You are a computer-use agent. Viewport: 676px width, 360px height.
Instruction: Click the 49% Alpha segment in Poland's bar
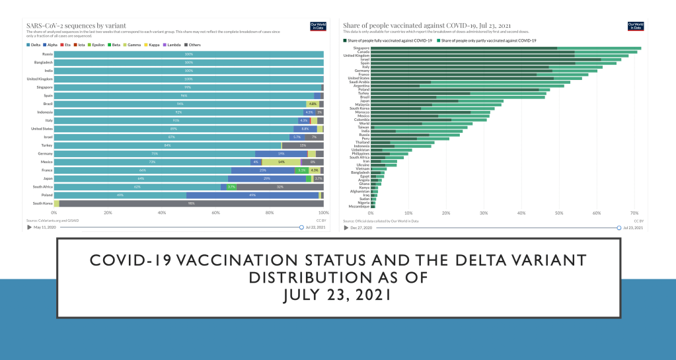[x=252, y=196]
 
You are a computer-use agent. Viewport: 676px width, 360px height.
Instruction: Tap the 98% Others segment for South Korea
[x=190, y=203]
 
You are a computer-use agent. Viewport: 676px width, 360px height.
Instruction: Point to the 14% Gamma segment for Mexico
[x=281, y=162]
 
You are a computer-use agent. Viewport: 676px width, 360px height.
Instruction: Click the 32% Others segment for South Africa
[x=280, y=187]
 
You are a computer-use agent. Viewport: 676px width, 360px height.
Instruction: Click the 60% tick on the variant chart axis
[x=215, y=213]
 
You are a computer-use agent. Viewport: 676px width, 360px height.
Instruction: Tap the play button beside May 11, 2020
[x=29, y=227]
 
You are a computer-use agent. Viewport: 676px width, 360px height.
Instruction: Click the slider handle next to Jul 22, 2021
[x=301, y=227]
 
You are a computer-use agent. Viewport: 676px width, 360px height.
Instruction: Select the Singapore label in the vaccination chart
[x=361, y=48]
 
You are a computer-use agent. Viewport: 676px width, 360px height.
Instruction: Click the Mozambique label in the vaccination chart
[x=359, y=206]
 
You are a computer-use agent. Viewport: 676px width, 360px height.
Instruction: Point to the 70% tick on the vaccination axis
[x=634, y=213]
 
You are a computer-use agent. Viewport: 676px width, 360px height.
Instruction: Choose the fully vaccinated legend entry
[x=389, y=40]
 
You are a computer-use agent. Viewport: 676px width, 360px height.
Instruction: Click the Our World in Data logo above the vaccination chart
[x=634, y=26]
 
